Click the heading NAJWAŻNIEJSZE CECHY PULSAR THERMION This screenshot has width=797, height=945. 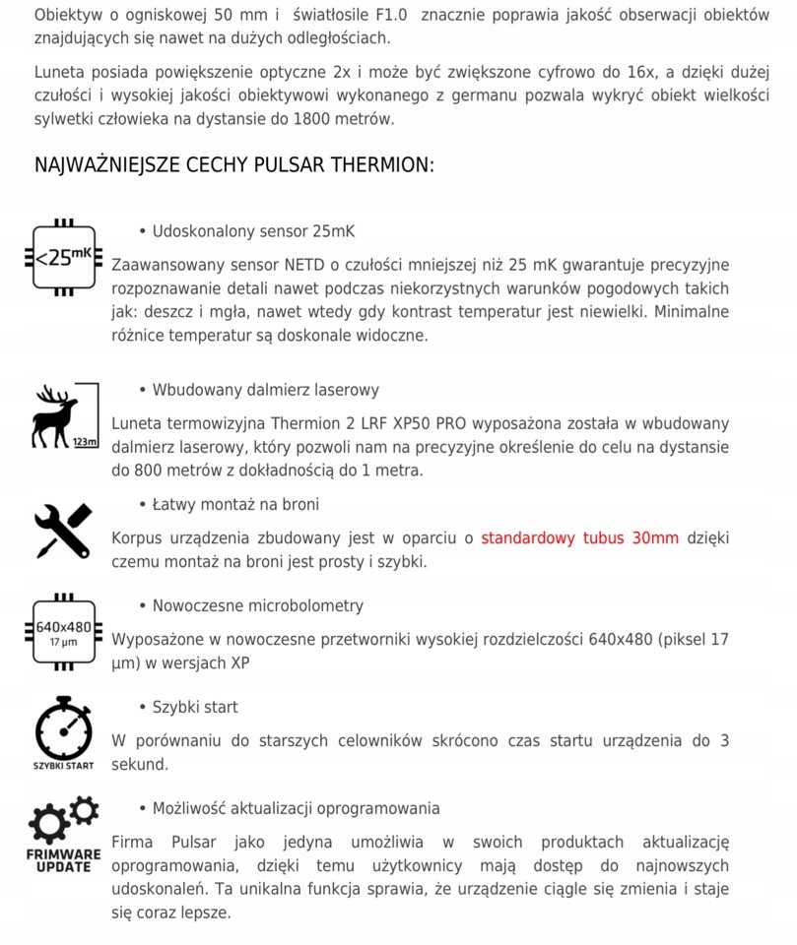[233, 164]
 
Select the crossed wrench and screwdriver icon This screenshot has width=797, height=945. [64, 531]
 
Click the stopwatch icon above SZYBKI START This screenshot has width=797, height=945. [63, 728]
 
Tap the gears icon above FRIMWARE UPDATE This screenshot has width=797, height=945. [63, 820]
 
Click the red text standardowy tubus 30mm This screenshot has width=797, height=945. [580, 538]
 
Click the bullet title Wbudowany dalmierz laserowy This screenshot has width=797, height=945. [265, 390]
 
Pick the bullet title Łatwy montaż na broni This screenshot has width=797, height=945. [235, 504]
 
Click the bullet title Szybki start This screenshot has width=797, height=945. [195, 707]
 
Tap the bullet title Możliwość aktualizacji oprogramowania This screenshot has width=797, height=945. [296, 808]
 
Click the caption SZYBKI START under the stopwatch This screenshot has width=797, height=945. [63, 765]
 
